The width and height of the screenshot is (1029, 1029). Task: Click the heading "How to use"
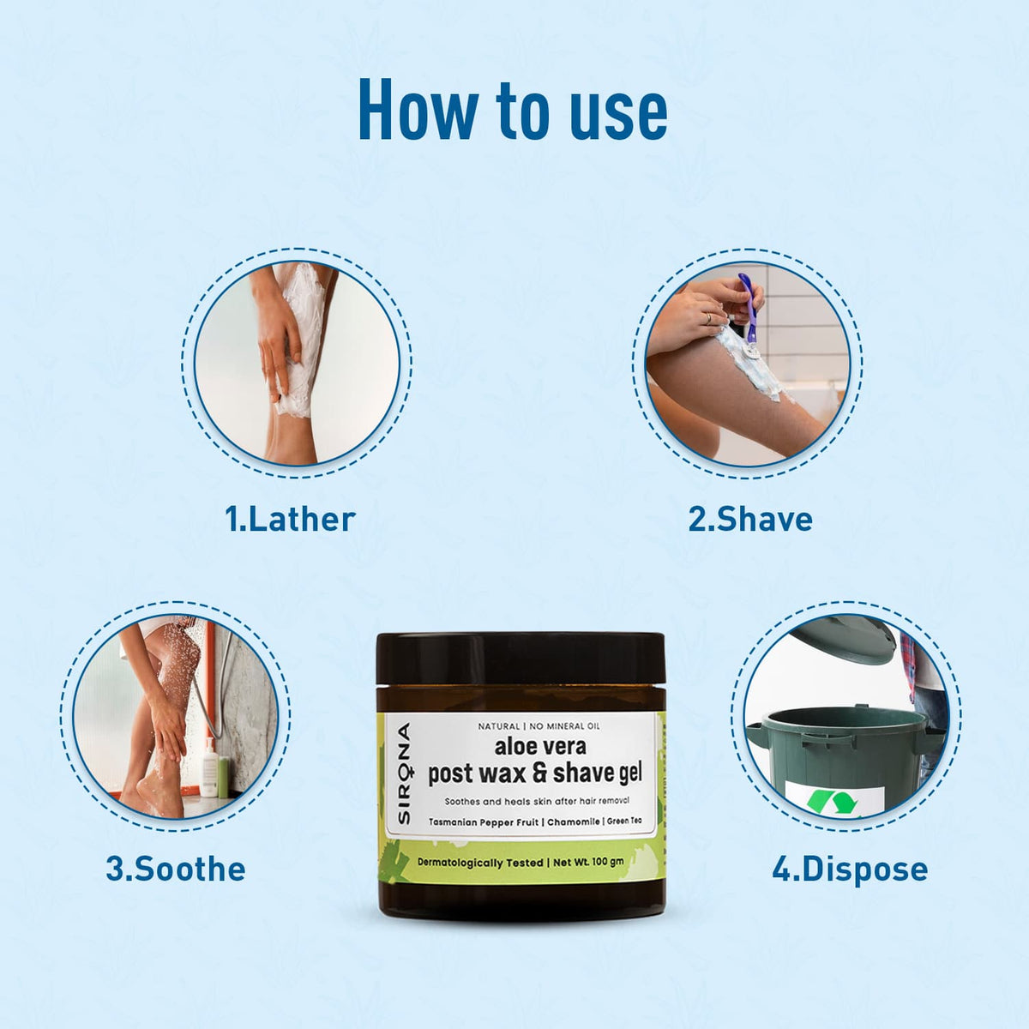tap(513, 110)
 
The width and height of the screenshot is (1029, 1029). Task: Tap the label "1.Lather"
tap(290, 520)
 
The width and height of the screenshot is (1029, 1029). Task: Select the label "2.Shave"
tap(750, 520)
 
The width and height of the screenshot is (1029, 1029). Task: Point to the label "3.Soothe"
tap(176, 869)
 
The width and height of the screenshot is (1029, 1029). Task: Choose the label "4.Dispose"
tap(850, 869)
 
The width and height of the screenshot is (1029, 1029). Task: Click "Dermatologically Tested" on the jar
tap(480, 863)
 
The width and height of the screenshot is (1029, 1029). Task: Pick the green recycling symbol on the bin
tap(833, 803)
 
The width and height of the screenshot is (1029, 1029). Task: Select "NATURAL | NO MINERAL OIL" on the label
tap(533, 727)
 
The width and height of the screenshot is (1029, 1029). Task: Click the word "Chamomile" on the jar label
tap(575, 822)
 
